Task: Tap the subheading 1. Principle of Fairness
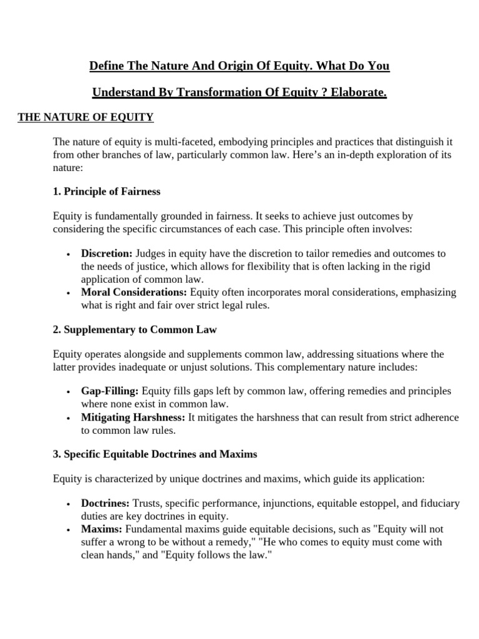pos(107,191)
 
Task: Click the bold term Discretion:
pos(107,253)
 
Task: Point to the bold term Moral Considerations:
pos(134,292)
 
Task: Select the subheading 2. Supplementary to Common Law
pos(135,329)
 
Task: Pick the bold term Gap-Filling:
pos(110,391)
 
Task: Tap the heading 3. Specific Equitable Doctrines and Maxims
pos(155,454)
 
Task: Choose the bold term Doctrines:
pos(105,503)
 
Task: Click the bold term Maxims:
pos(100,529)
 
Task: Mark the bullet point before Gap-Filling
pos(67,392)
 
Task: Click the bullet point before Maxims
pos(67,530)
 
